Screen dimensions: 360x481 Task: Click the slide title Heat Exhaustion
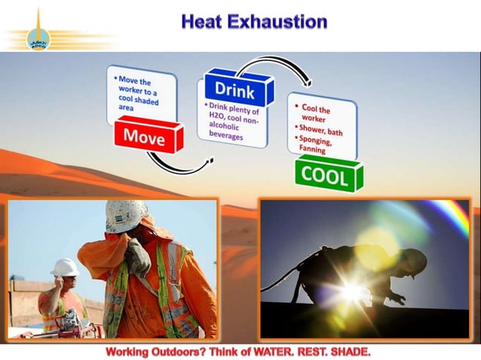(x=253, y=21)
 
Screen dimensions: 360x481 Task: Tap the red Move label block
(x=144, y=136)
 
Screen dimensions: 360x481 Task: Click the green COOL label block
(x=325, y=176)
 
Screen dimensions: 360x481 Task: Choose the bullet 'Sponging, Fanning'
(x=317, y=145)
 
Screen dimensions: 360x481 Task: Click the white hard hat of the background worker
(x=65, y=267)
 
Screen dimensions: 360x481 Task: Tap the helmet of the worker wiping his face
(x=126, y=216)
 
